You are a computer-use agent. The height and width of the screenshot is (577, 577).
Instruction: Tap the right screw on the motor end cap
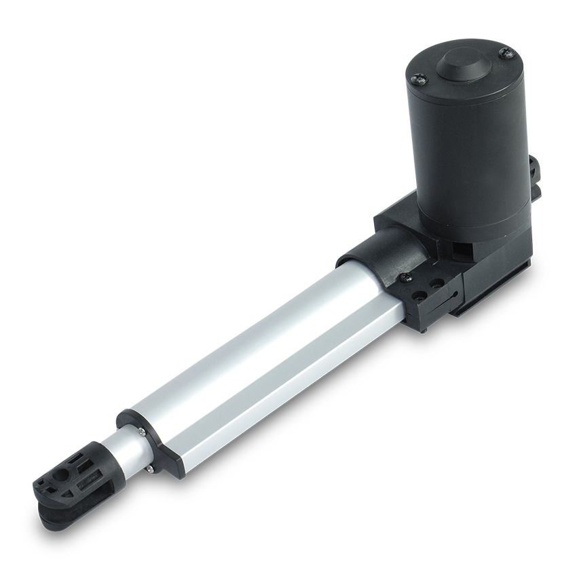(x=504, y=51)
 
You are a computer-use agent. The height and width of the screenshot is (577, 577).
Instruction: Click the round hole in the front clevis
(x=66, y=470)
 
